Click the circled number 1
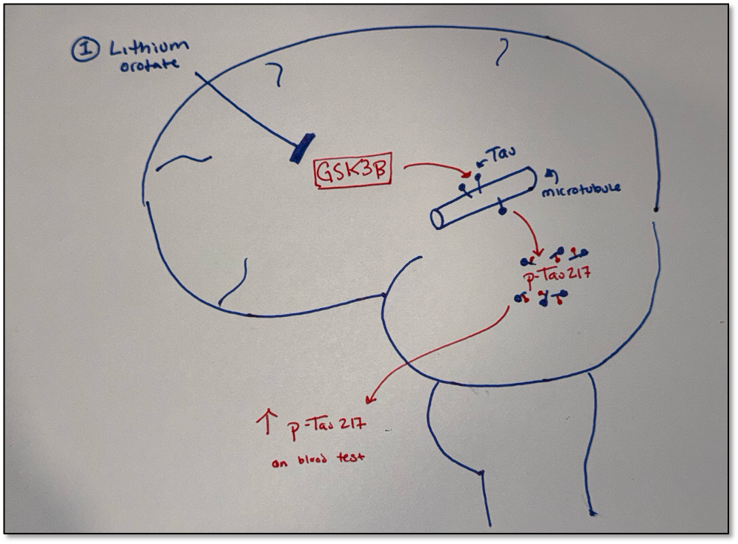point(85,50)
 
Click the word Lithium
point(149,47)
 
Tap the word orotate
point(149,65)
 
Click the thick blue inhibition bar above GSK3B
point(302,148)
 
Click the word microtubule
point(581,190)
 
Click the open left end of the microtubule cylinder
point(438,219)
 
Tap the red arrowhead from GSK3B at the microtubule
point(467,174)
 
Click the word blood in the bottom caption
point(312,459)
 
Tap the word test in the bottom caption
point(350,457)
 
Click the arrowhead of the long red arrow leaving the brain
point(371,399)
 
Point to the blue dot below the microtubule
point(503,211)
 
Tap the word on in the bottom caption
point(280,462)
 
